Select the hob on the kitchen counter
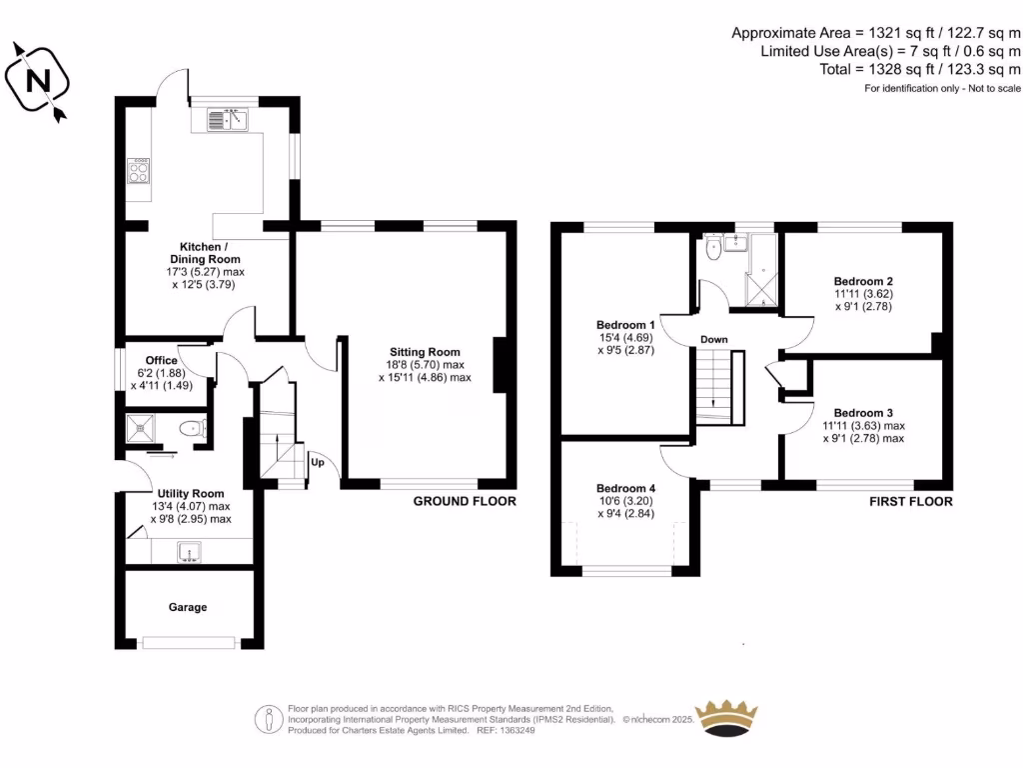(138, 172)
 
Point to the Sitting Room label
(425, 352)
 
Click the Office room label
(161, 361)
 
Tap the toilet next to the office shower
(190, 429)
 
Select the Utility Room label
(190, 493)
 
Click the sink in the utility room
(188, 550)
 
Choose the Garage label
(188, 607)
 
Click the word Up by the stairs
(318, 463)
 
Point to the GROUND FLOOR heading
(465, 501)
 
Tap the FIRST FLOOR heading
(911, 501)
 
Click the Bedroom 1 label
(625, 325)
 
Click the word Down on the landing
(713, 340)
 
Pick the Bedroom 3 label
(863, 412)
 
